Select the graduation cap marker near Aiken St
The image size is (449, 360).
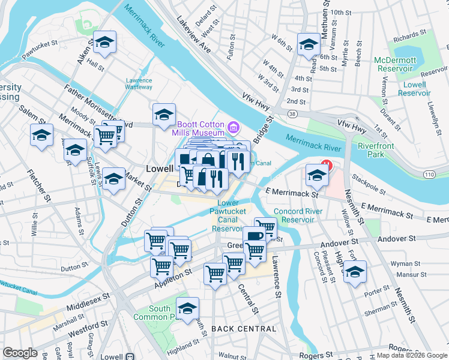[104, 42]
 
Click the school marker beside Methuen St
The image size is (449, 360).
[309, 44]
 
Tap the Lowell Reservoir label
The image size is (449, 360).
[414, 89]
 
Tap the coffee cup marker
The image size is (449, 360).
[254, 236]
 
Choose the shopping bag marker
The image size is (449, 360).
[208, 160]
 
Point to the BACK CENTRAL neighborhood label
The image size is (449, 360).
[244, 329]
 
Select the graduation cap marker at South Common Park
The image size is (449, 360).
[188, 308]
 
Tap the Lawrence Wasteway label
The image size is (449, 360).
[139, 84]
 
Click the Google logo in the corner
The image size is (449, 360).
[20, 353]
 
